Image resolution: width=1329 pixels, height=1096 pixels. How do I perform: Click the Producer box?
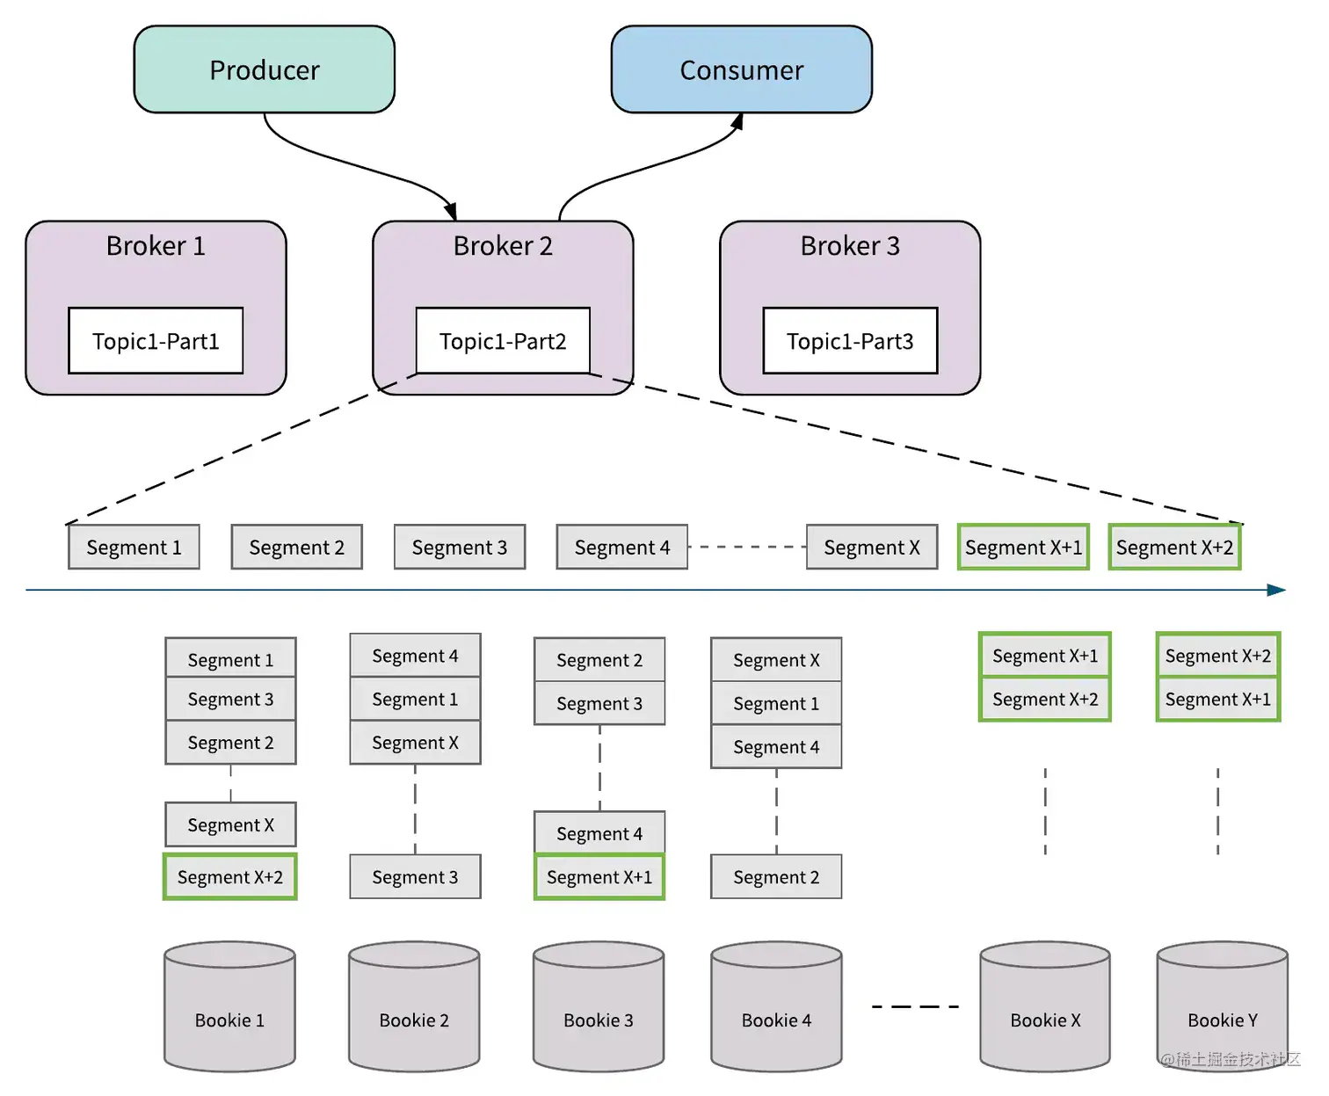[x=264, y=69]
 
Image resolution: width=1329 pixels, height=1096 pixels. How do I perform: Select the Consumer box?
[x=741, y=69]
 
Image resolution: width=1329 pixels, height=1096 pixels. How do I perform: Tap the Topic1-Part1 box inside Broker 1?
[x=156, y=341]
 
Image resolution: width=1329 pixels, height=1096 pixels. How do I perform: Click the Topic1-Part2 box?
[x=503, y=341]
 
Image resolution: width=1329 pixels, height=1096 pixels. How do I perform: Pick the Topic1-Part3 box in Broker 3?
[x=850, y=341]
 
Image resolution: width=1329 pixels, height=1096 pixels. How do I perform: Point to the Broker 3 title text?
[x=850, y=246]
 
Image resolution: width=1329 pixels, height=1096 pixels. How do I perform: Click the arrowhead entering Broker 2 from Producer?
[x=451, y=212]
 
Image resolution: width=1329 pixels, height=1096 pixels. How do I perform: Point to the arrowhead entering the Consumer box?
[x=737, y=121]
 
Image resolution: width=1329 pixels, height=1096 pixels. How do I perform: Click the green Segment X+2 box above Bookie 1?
[x=230, y=877]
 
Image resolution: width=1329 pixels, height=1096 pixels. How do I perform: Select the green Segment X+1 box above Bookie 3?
[x=599, y=877]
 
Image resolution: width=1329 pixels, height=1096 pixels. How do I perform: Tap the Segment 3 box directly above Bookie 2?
[x=415, y=877]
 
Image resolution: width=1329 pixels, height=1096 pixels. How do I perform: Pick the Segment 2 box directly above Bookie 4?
[x=776, y=877]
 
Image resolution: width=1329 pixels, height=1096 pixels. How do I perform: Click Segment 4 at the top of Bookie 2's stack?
[x=415, y=656]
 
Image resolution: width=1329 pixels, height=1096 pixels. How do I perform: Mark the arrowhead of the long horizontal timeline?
[x=1277, y=590]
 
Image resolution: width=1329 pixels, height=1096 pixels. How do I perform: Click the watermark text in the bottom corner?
[x=1230, y=1060]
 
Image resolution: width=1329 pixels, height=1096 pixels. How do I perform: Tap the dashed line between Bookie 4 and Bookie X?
[x=915, y=1007]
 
